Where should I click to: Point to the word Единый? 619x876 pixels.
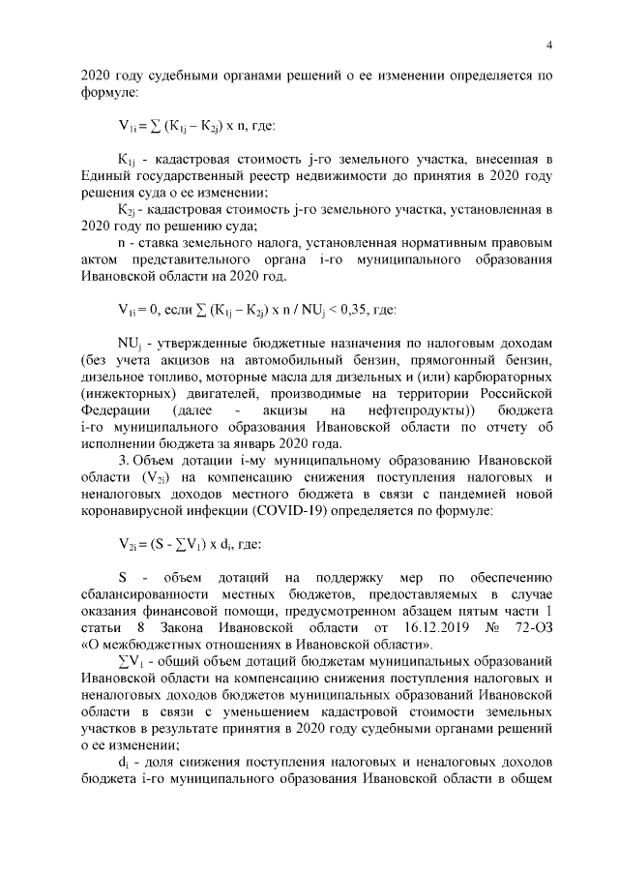[x=109, y=175]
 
